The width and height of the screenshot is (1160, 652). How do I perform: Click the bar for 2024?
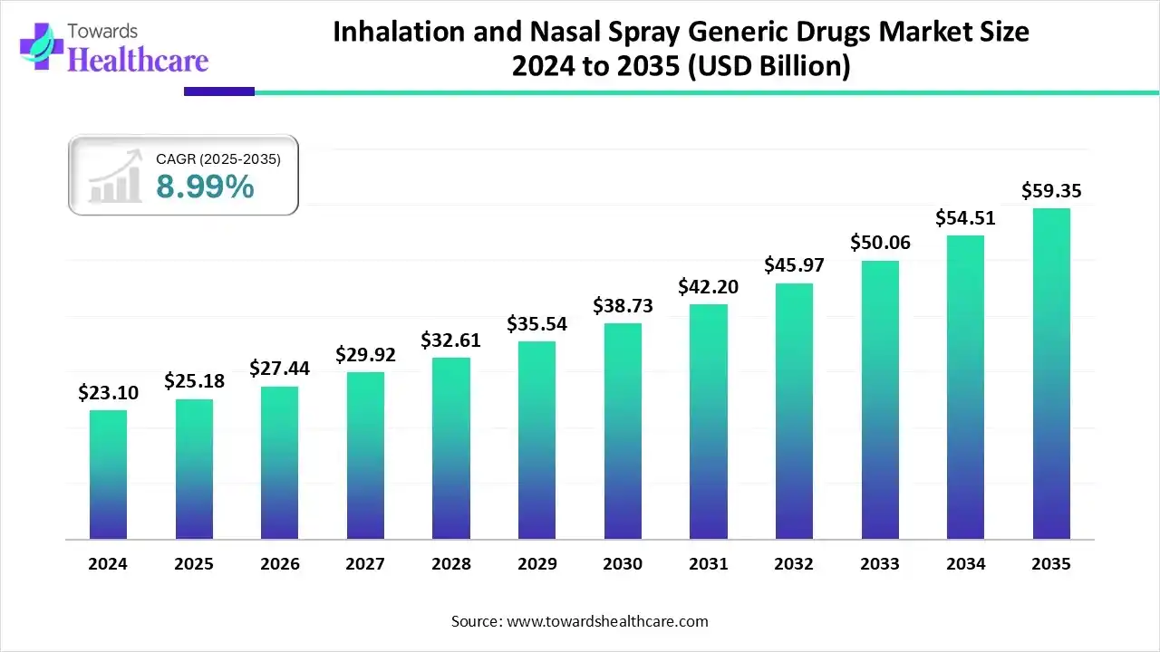(x=108, y=475)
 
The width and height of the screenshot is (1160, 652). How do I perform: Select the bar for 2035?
(x=1051, y=374)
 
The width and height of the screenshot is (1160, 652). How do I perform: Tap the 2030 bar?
(x=623, y=431)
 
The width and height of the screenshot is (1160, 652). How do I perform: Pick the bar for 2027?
(x=365, y=455)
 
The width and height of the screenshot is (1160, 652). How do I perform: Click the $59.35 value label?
(x=1051, y=191)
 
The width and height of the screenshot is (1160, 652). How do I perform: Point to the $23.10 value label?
(x=108, y=393)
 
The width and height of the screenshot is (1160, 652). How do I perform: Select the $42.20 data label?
(x=708, y=287)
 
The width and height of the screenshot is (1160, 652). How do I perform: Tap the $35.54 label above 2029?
(x=536, y=323)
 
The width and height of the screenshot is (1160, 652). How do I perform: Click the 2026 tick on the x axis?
(x=279, y=563)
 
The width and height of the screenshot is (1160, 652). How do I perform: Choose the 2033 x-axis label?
(x=880, y=563)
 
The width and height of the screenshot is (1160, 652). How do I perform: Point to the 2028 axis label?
(x=451, y=563)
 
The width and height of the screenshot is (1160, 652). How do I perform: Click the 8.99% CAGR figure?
(x=205, y=187)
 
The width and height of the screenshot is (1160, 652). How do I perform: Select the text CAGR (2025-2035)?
(x=218, y=159)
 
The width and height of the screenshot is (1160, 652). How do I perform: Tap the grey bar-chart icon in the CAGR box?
(x=115, y=177)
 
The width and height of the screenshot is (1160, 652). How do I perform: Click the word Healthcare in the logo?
(x=138, y=60)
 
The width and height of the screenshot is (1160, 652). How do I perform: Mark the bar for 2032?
(x=794, y=411)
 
